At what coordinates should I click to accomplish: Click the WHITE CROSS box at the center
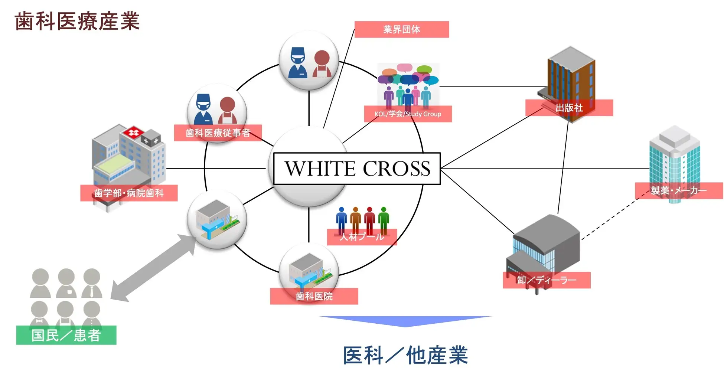click(357, 169)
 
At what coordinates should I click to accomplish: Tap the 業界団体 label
click(401, 29)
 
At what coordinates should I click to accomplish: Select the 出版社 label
click(569, 108)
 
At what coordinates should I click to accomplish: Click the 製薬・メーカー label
click(678, 190)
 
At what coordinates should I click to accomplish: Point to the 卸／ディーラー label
click(546, 280)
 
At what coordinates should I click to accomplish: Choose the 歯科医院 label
click(314, 296)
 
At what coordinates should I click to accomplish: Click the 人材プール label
click(362, 237)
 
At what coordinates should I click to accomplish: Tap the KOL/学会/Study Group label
click(408, 114)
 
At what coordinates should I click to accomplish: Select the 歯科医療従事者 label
click(218, 133)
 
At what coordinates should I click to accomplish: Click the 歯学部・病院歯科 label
click(128, 193)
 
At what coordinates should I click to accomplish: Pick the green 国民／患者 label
click(66, 335)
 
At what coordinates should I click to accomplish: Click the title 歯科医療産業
click(77, 21)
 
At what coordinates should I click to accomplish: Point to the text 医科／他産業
click(405, 355)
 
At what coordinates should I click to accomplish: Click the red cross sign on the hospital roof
click(133, 132)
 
